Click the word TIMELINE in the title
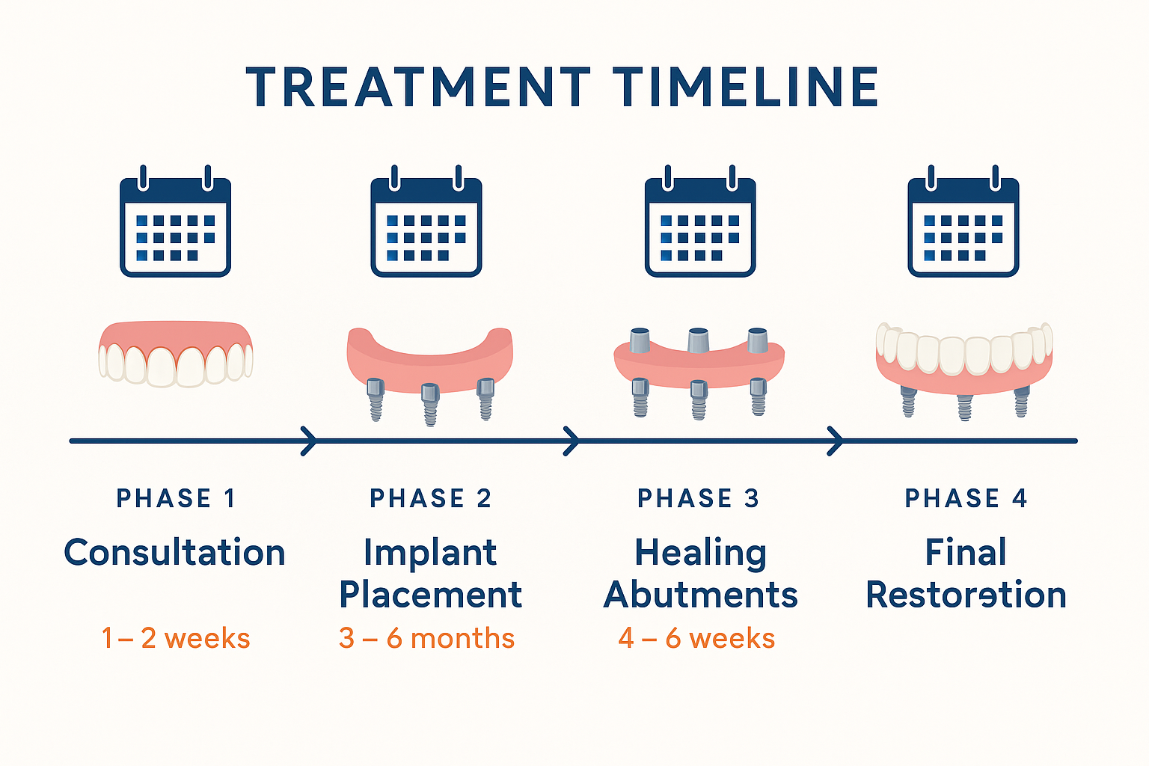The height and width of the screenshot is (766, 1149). coord(745,88)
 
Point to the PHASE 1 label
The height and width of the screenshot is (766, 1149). coord(176,498)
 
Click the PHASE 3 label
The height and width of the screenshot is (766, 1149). coord(698,498)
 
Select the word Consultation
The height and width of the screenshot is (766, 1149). coord(175,553)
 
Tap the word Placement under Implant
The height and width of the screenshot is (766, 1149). coord(430,595)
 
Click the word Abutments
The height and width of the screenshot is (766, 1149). coord(700,595)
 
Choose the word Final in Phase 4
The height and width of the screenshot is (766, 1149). coord(966,553)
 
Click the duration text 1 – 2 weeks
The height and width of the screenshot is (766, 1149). coord(176,638)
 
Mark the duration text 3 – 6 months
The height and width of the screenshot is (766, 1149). coord(426,638)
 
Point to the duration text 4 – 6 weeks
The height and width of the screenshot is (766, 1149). coord(696,638)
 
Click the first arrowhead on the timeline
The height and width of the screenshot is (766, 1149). coord(308,441)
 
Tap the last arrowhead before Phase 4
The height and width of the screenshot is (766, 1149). coord(836,441)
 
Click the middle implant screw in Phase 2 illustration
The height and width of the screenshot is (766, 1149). coord(429,404)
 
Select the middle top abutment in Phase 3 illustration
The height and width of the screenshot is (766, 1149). coord(698,340)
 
